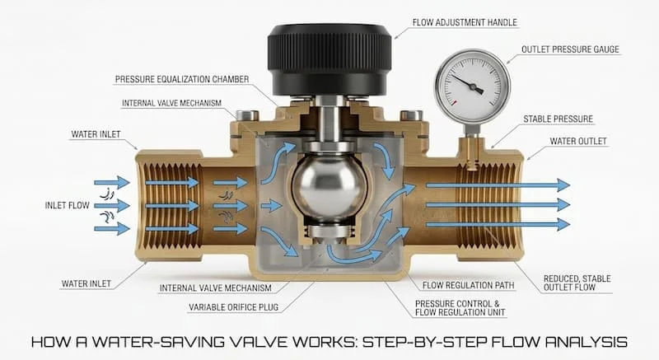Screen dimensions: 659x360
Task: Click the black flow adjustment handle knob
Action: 329,58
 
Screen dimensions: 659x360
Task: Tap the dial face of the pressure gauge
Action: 472,86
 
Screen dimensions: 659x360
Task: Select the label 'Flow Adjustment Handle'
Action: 465,22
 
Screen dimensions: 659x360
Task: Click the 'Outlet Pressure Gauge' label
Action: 570,49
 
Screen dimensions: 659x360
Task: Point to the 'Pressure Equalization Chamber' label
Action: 182,79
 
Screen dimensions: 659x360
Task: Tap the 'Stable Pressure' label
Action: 558,119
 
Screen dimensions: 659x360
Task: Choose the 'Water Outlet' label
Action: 578,141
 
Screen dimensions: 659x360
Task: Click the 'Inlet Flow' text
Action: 68,205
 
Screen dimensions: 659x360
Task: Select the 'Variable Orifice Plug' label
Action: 234,307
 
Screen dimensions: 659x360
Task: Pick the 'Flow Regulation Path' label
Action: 468,285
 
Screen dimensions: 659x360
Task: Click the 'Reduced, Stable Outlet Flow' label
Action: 577,283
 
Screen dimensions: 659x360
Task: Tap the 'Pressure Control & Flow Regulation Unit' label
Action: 460,308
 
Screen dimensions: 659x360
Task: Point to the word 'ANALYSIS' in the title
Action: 587,342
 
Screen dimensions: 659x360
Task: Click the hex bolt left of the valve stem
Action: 246,115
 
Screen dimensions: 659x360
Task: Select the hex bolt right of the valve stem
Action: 411,115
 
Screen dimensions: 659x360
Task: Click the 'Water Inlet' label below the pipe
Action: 86,283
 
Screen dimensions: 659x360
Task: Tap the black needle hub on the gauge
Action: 473,87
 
